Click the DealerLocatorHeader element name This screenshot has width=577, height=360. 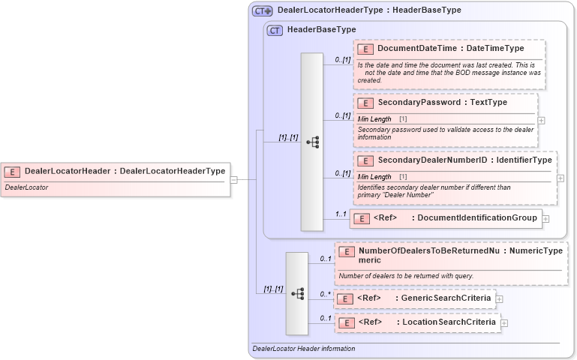coord(68,171)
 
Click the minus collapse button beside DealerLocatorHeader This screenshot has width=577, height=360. coord(234,180)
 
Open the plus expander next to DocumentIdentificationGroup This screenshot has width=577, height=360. coord(545,219)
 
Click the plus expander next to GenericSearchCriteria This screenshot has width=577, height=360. coord(499,299)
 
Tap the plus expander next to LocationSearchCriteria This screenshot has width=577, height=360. coord(504,323)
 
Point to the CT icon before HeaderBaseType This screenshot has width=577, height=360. coord(275,30)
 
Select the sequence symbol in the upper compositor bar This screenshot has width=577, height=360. coord(313,142)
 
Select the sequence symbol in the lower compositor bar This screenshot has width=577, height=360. coord(297,293)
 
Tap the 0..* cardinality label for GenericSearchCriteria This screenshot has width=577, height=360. coord(326,294)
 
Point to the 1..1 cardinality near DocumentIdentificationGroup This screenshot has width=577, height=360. coord(341,214)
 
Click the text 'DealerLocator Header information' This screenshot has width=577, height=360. coord(304,349)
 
